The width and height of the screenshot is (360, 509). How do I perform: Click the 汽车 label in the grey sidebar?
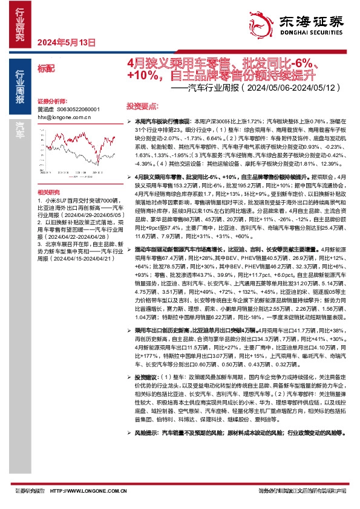tap(20, 126)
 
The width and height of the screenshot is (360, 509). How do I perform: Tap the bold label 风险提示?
tap(141, 433)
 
